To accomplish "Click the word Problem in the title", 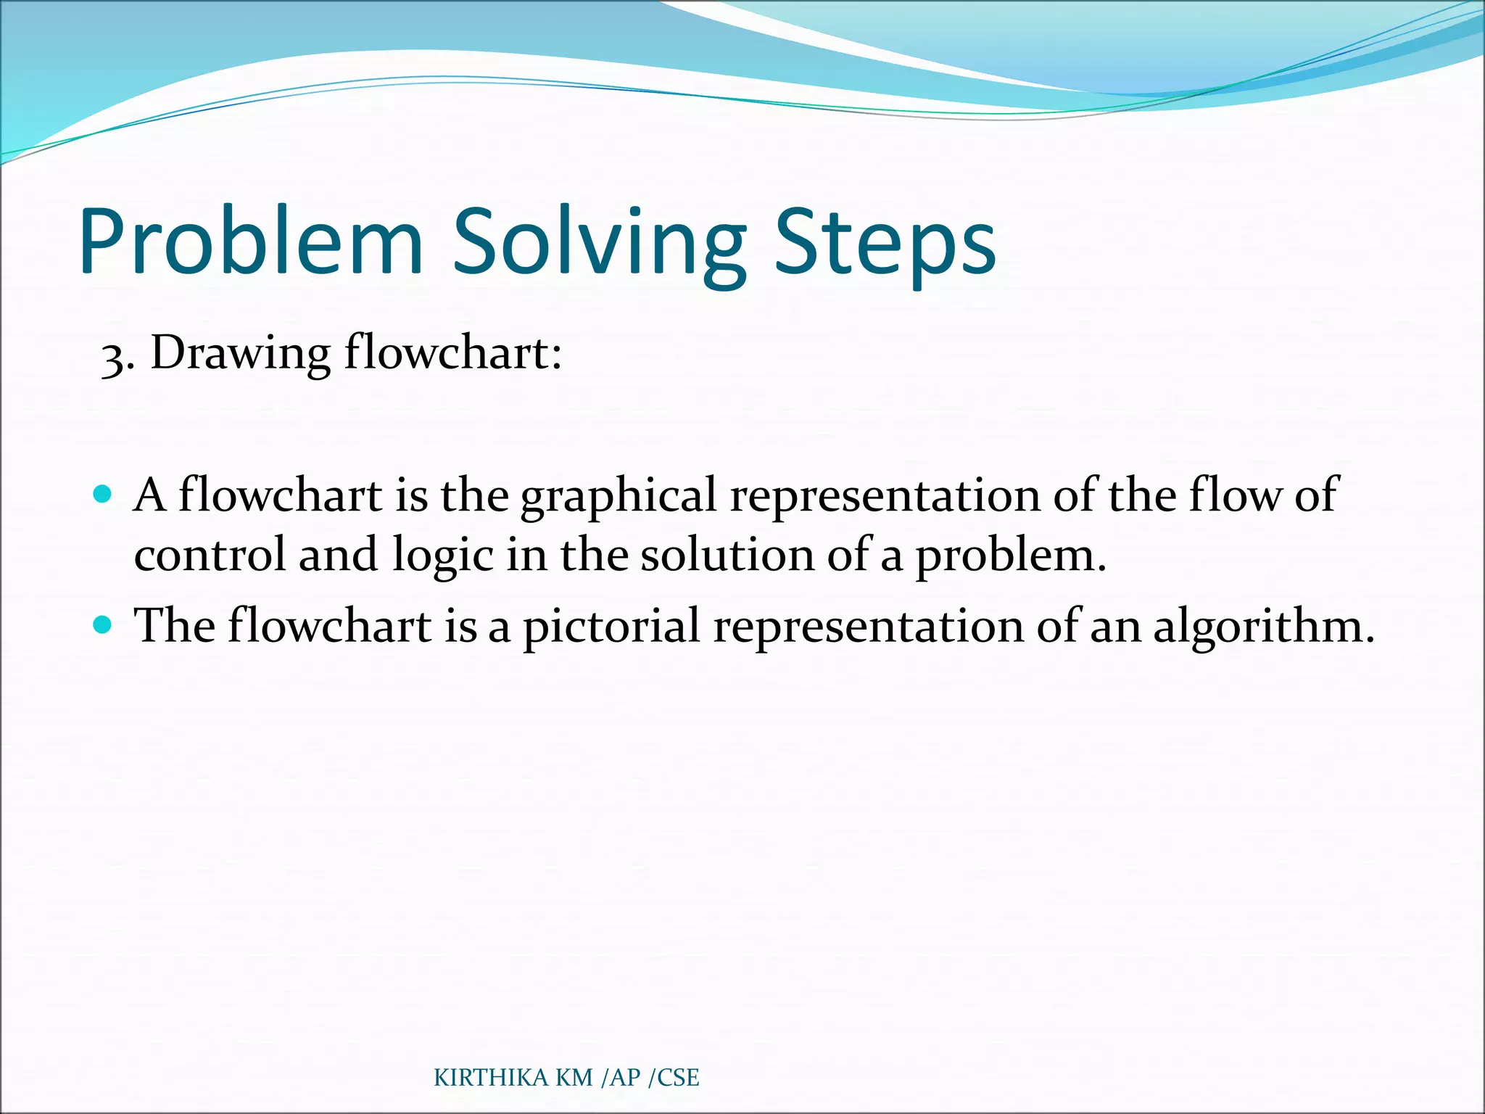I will pos(250,243).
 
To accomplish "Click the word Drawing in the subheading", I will pos(240,354).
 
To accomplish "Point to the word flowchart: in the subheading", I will pos(452,352).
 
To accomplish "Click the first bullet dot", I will pos(103,495).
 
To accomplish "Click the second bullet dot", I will pos(103,624).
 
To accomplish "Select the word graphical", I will pos(619,496).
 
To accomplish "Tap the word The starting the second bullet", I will pos(174,625).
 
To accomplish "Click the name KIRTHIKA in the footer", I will pos(491,1078).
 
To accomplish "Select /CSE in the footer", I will pos(674,1078).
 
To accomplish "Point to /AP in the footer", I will pos(621,1078).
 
